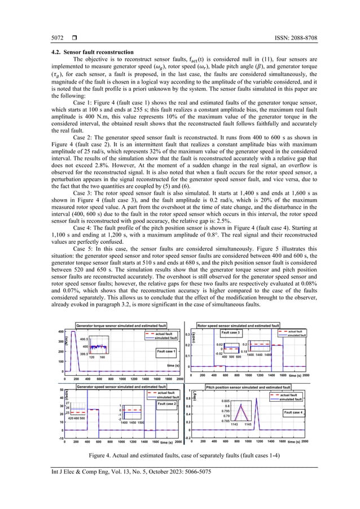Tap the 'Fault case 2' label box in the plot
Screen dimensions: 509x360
point(168,403)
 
